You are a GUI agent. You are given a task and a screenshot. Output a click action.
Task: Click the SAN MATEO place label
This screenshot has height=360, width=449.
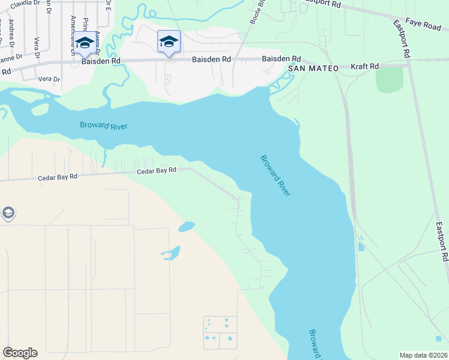tap(312, 68)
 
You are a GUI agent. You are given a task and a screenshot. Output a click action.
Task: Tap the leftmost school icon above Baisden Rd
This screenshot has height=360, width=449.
tap(84, 43)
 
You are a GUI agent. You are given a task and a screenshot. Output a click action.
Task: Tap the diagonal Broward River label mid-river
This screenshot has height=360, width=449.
tap(276, 175)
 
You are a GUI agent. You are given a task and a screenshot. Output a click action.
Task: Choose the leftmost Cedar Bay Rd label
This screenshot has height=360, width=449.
tap(58, 177)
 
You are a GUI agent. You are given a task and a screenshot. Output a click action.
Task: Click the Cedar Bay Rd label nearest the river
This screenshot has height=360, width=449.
tap(156, 170)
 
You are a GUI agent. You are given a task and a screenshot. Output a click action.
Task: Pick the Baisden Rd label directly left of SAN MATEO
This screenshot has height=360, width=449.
tap(281, 59)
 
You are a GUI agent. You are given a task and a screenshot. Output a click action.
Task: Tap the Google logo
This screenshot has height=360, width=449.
tap(20, 353)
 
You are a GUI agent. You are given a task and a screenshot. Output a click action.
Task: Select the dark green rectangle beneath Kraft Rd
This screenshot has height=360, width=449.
tap(390, 79)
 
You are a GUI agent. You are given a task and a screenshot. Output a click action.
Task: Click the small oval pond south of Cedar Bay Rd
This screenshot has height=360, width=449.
tap(187, 227)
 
